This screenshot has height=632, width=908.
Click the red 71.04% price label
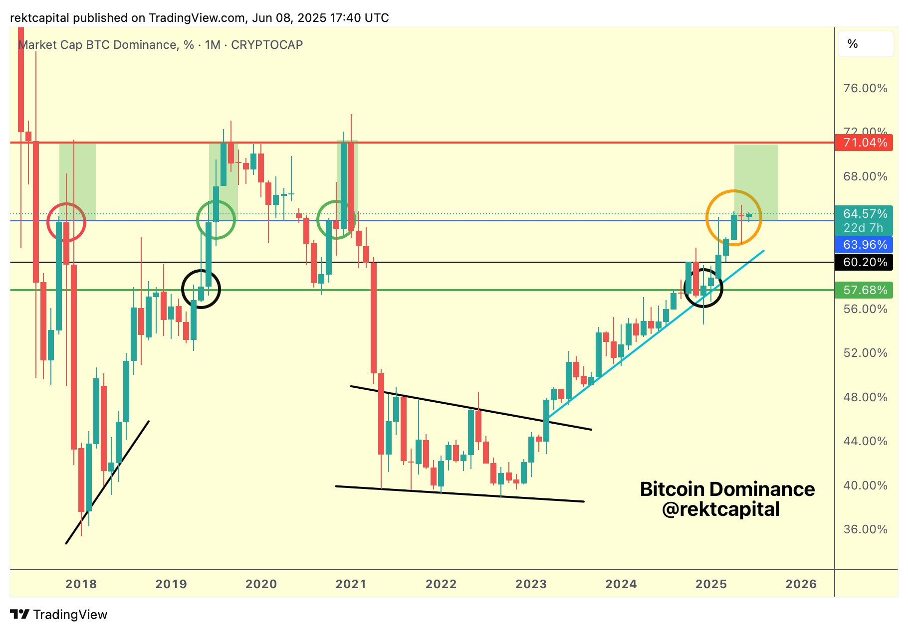[865, 143]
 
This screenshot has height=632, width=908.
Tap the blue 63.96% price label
[865, 245]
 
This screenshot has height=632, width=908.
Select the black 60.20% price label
[865, 262]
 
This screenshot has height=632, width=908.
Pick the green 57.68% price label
[865, 290]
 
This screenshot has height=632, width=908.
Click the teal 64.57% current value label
[865, 214]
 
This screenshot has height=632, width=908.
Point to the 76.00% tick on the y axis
[865, 89]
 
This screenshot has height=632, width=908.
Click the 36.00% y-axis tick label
[865, 529]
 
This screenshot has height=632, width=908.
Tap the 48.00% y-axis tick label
[865, 397]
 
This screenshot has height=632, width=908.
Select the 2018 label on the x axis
[81, 584]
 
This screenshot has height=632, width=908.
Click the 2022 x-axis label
[441, 584]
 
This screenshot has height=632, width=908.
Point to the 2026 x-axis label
[801, 584]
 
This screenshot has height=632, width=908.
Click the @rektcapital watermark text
[720, 509]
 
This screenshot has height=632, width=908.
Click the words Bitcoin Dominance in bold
[727, 489]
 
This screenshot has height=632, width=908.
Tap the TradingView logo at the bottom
[59, 615]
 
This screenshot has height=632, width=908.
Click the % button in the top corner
[853, 44]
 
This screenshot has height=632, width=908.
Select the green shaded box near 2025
[756, 169]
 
